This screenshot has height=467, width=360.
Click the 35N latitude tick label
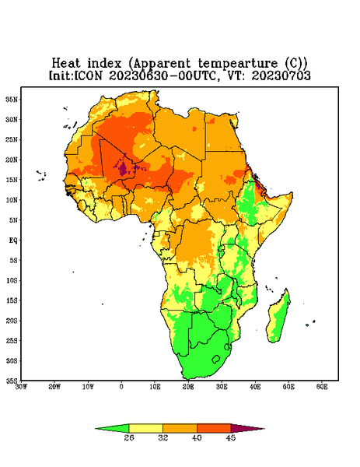point(12,100)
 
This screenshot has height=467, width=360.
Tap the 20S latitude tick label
point(12,321)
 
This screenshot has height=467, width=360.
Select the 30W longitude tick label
point(21,387)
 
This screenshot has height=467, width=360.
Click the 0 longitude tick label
point(121,387)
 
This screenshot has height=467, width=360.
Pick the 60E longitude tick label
point(322,387)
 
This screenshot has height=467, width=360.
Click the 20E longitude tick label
point(188,387)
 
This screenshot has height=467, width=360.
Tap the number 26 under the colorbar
point(129,437)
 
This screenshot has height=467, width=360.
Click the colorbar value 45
point(231,437)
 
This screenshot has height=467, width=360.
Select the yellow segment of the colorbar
point(145,428)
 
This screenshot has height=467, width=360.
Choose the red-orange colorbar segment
point(214,428)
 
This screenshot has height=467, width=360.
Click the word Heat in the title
point(66,64)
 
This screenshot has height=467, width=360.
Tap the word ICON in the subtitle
point(88,75)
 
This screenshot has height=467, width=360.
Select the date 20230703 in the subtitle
point(281,75)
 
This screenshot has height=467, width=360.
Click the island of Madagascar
point(279,318)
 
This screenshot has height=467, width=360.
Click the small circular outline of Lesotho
point(216,359)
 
